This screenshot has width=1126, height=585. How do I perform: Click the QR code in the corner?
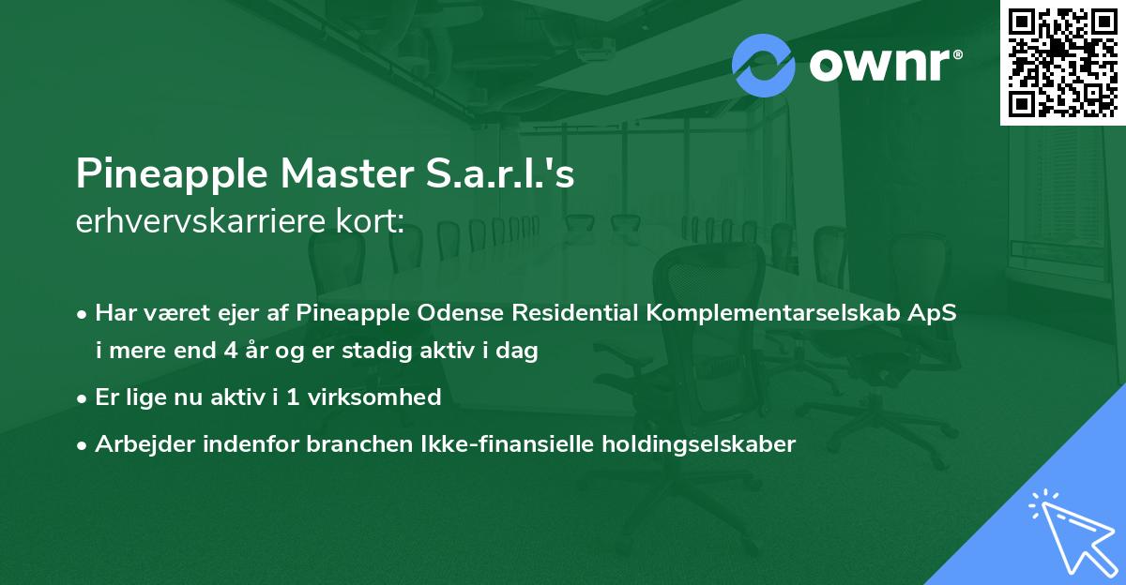click(x=1062, y=62)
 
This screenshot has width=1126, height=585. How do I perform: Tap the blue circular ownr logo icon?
click(x=764, y=66)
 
